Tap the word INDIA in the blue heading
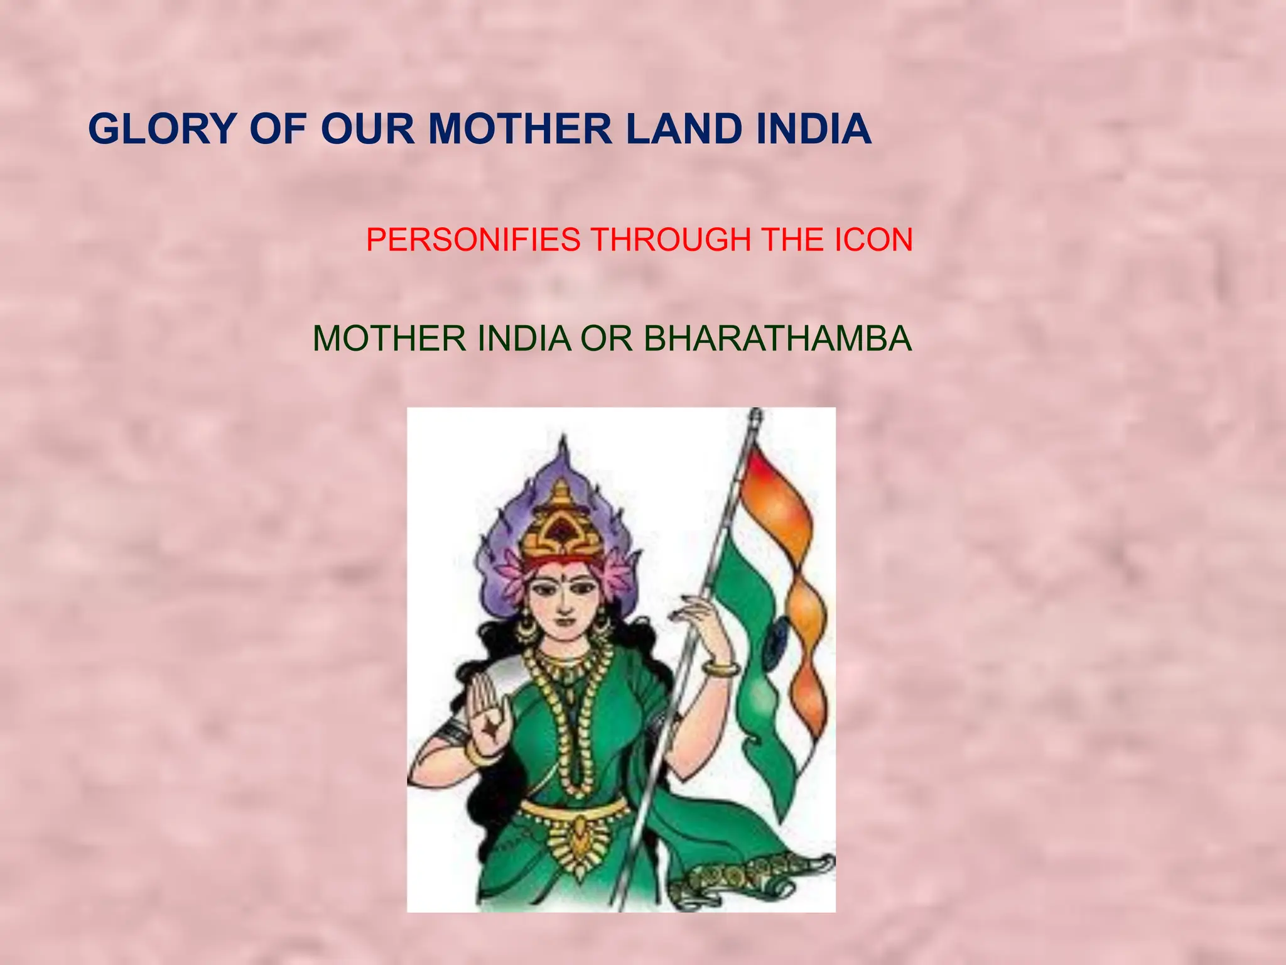pyautogui.click(x=813, y=129)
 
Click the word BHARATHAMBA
pyautogui.click(x=777, y=339)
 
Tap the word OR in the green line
pyautogui.click(x=607, y=339)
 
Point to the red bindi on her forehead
pyautogui.click(x=564, y=575)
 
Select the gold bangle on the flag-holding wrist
pyautogui.click(x=721, y=668)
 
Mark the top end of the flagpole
pyautogui.click(x=756, y=415)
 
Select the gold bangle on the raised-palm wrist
pyautogui.click(x=477, y=751)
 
